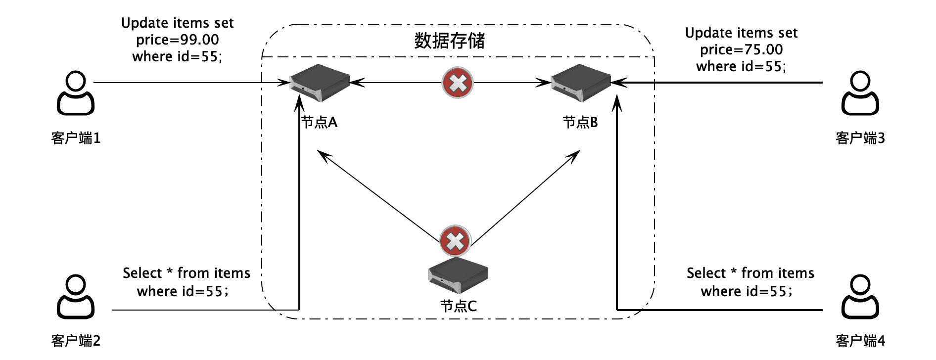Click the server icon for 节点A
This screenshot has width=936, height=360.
pyautogui.click(x=320, y=83)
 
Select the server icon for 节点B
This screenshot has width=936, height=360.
pyautogui.click(x=581, y=83)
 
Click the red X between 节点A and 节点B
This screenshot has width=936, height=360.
pyautogui.click(x=458, y=83)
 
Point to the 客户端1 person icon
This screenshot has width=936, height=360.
pyautogui.click(x=76, y=93)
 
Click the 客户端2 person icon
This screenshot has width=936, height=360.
pyautogui.click(x=76, y=297)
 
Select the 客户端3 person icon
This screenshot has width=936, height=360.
pyautogui.click(x=860, y=93)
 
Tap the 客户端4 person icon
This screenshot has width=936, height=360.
pyautogui.click(x=860, y=297)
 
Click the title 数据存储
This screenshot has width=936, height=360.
pyautogui.click(x=449, y=41)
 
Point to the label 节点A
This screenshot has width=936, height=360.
pyautogui.click(x=319, y=122)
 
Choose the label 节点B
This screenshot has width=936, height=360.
pyautogui.click(x=580, y=122)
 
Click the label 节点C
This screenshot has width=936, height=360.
pyautogui.click(x=458, y=307)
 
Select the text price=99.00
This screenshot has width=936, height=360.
pyautogui.click(x=178, y=40)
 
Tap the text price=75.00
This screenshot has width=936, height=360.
pyautogui.click(x=741, y=49)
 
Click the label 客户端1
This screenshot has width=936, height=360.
pyautogui.click(x=76, y=138)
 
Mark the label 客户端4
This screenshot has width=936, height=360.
pyautogui.click(x=860, y=341)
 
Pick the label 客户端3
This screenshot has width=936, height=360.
pyautogui.click(x=860, y=138)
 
